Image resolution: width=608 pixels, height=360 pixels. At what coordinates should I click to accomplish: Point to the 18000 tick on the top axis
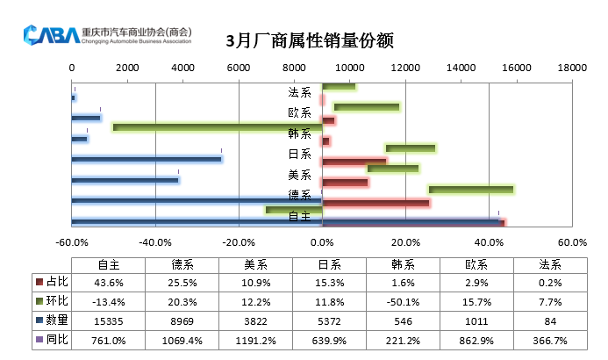(572, 68)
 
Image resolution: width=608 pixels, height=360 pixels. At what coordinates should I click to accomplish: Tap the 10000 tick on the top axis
(349, 68)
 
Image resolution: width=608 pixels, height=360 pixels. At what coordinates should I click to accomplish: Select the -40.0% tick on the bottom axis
(155, 242)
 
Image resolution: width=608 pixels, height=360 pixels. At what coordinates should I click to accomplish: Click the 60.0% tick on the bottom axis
(572, 242)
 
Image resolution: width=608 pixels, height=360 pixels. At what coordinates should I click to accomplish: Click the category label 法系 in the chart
(299, 91)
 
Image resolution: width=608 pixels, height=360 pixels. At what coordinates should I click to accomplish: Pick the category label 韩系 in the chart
(299, 133)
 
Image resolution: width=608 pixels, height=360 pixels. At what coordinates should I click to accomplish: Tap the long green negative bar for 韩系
(218, 127)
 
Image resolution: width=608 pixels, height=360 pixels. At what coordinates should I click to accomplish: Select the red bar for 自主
(412, 222)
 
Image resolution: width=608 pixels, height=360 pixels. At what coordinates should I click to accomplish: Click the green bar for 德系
(470, 190)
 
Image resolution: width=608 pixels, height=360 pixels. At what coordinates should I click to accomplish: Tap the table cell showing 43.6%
(109, 282)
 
